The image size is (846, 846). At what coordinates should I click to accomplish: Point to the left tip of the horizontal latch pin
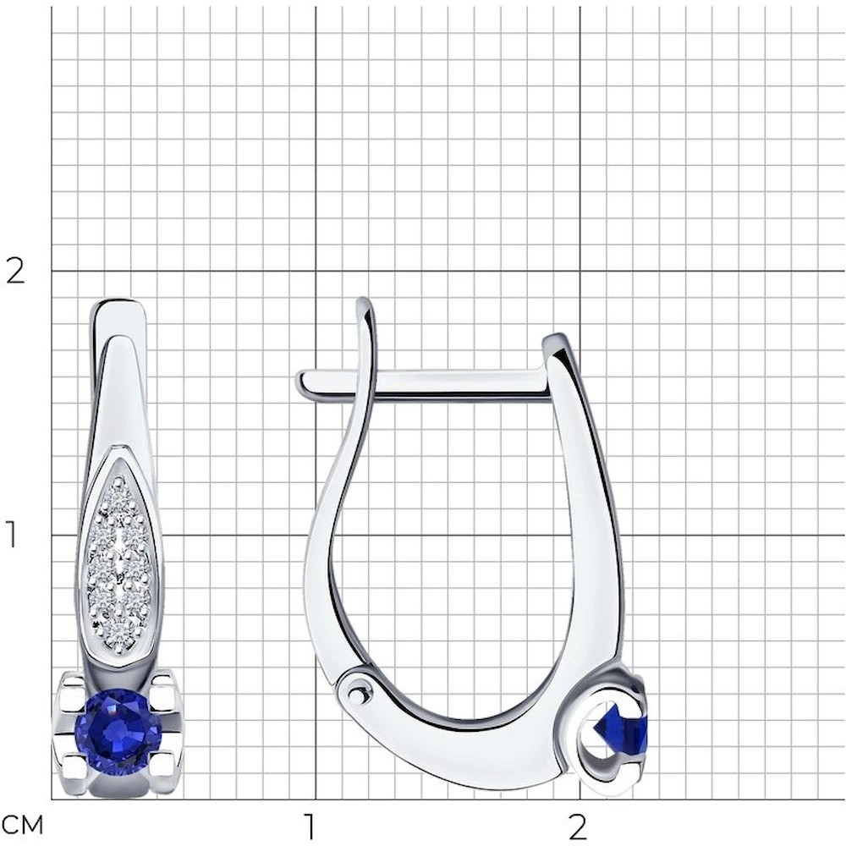point(297,381)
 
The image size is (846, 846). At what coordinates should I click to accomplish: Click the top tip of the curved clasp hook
point(365,300)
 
